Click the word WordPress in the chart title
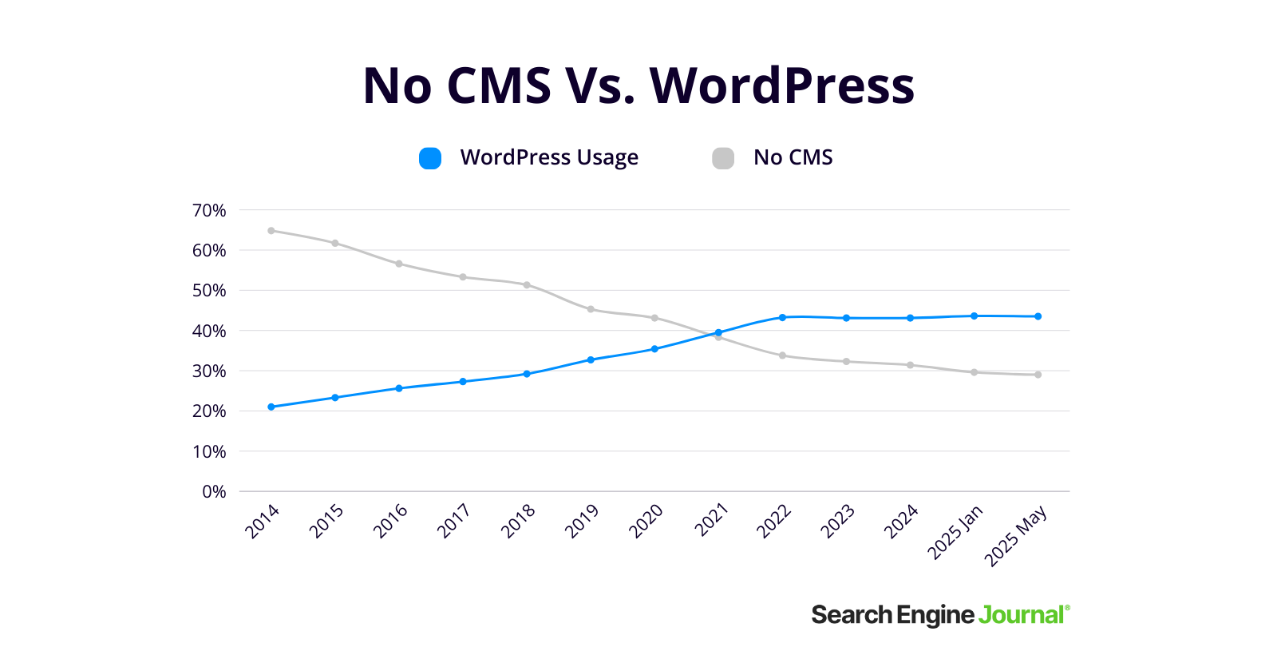click(782, 85)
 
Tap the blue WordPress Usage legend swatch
click(430, 158)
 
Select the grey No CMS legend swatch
click(723, 158)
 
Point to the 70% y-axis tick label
click(209, 211)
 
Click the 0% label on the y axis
click(214, 492)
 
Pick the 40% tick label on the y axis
click(209, 332)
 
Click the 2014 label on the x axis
click(262, 522)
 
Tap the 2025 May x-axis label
click(1015, 537)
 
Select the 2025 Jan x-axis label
click(955, 532)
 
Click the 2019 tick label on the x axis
click(581, 522)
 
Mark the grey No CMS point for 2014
click(271, 231)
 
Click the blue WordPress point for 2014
click(271, 407)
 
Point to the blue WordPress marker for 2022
click(782, 318)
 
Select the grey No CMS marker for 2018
click(527, 285)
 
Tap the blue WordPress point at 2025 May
click(1038, 316)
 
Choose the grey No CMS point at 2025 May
click(1038, 375)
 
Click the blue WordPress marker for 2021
click(718, 332)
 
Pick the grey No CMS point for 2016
click(399, 264)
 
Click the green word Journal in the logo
click(1021, 615)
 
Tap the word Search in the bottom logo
click(852, 615)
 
